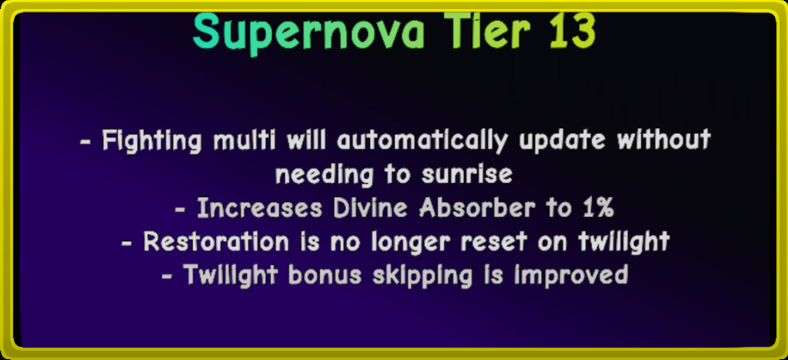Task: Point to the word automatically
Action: point(422,141)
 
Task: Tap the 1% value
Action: point(597,208)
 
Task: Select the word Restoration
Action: point(216,242)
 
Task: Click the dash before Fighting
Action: point(86,141)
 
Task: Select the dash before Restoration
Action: point(127,243)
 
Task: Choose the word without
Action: point(664,140)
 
